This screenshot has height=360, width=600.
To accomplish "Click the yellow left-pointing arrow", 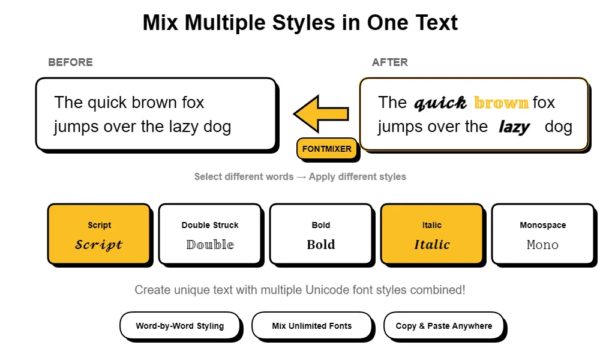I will tap(320, 113).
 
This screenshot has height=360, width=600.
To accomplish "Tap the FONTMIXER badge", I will tap(327, 149).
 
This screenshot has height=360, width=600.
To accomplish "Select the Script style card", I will tap(99, 234).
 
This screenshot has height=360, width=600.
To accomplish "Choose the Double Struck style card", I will tap(210, 234).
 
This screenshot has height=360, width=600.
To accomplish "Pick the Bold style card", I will tap(321, 234).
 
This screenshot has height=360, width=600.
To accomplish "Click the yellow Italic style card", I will tap(432, 234).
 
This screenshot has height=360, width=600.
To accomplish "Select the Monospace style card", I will tap(543, 234).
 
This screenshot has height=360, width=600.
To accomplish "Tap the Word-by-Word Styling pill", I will tap(180, 326).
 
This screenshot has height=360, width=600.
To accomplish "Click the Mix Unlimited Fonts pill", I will tap(312, 326).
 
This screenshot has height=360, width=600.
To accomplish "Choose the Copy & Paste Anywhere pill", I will tap(444, 326).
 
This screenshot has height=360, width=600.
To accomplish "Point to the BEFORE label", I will tap(70, 62).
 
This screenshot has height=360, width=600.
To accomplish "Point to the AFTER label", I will tap(390, 62).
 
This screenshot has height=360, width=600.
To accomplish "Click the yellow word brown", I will tap(501, 103).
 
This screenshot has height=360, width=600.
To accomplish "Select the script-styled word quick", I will tap(440, 103).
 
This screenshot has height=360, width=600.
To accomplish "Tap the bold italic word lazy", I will tap(514, 127).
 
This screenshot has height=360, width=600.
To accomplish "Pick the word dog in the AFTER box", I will tap(559, 127).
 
